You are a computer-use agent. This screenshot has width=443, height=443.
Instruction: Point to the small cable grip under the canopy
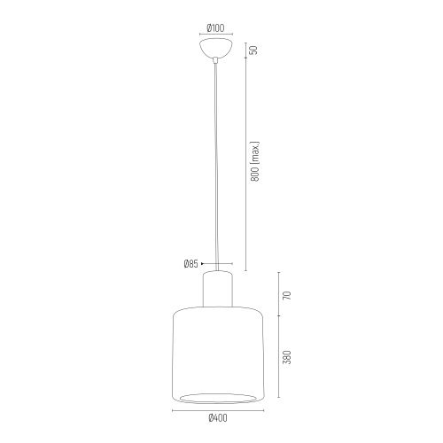215,60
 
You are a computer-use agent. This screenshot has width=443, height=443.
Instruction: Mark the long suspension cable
215,168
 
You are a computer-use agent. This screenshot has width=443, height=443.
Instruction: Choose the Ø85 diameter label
190,263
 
